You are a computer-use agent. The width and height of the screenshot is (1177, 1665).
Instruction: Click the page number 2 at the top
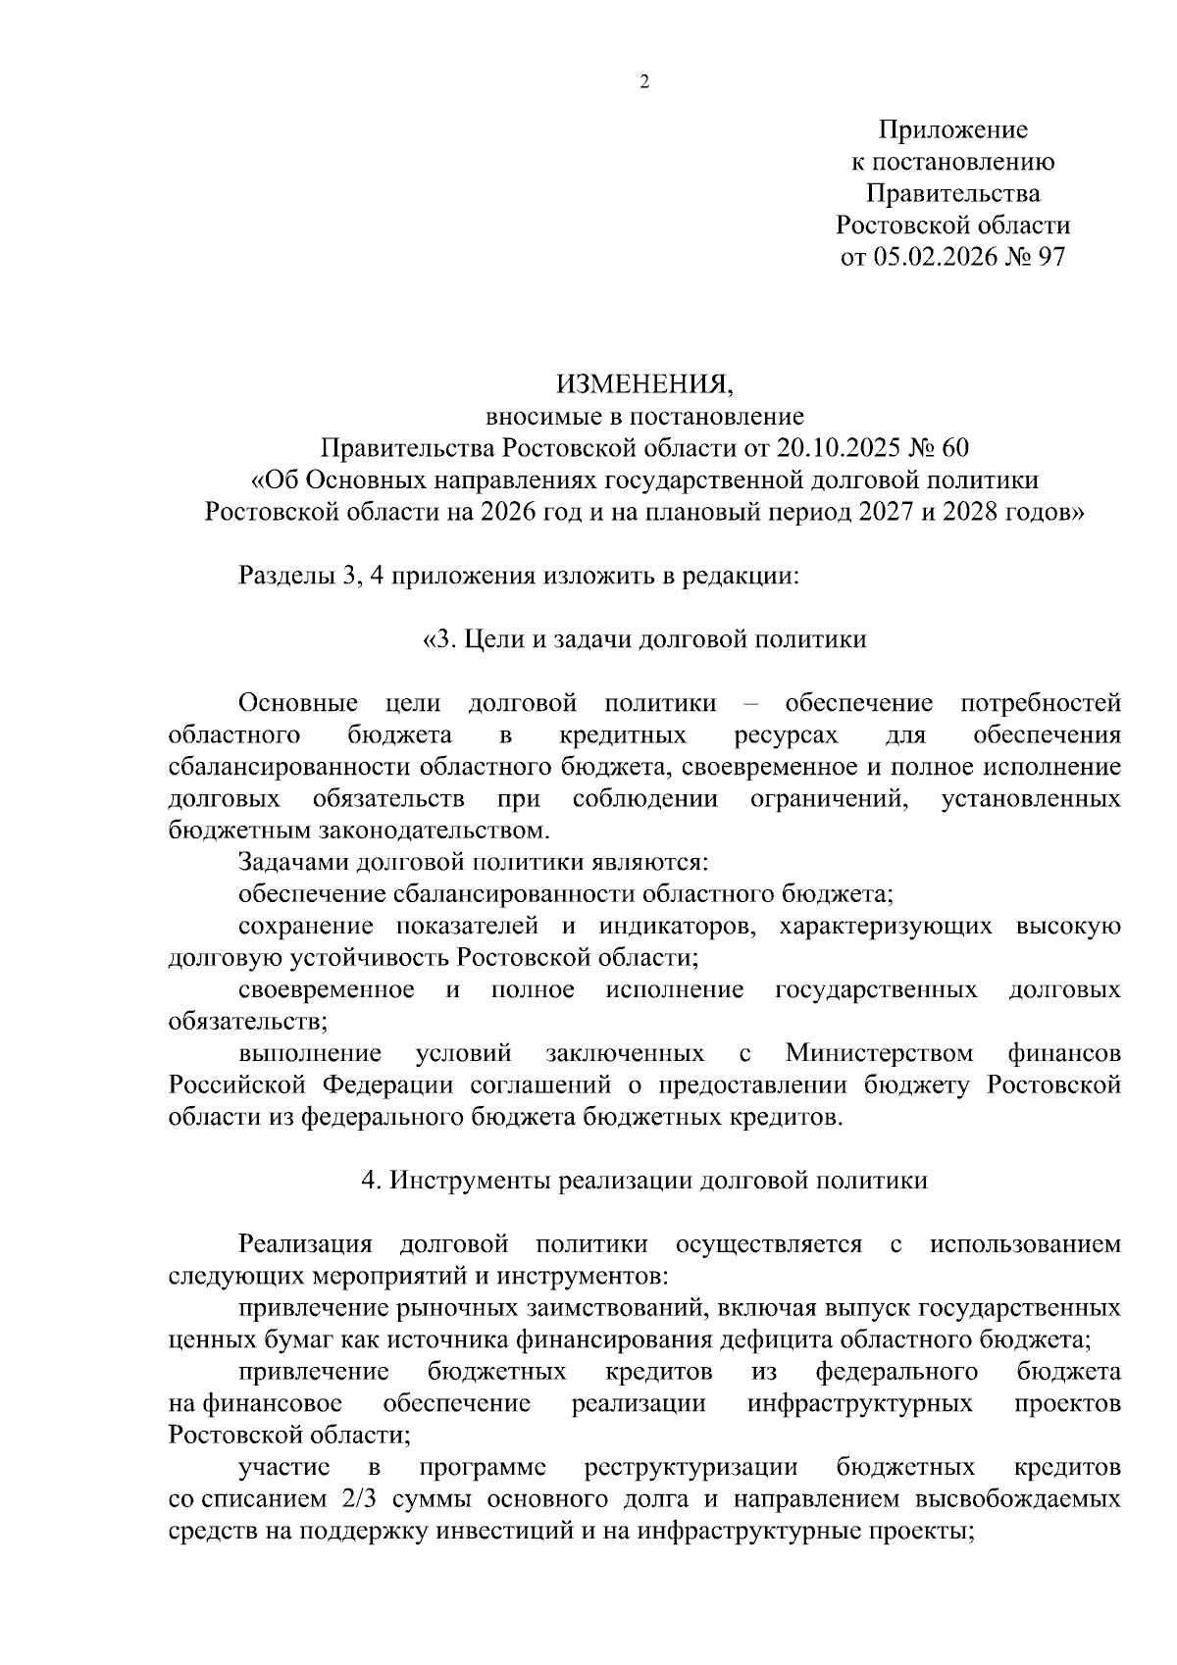pyautogui.click(x=644, y=83)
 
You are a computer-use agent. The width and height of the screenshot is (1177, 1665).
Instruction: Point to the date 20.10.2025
pyautogui.click(x=837, y=448)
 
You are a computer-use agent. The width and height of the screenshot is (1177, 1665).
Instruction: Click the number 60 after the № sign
pyautogui.click(x=954, y=448)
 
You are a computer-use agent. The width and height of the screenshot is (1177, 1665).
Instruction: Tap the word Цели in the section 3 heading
pyautogui.click(x=491, y=639)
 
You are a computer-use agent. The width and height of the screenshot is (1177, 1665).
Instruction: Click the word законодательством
pyautogui.click(x=430, y=831)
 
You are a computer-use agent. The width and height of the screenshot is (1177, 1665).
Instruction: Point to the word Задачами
pyautogui.click(x=292, y=863)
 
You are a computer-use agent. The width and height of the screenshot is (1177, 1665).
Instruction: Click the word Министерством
pyautogui.click(x=879, y=1053)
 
